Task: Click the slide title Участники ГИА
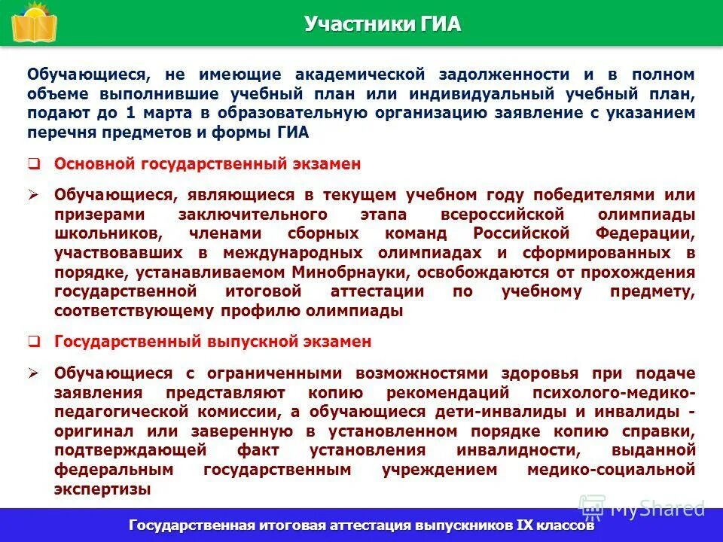(382, 24)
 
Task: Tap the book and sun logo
(33, 23)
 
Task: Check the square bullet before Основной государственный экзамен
(34, 164)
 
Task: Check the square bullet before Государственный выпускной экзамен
(34, 342)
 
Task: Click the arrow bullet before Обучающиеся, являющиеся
(34, 195)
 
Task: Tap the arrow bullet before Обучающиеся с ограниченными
(34, 373)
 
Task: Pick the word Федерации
(645, 233)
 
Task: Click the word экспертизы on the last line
(102, 489)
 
